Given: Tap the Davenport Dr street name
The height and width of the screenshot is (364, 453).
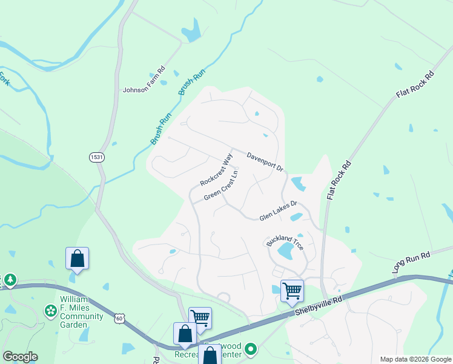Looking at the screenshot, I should coord(265,162).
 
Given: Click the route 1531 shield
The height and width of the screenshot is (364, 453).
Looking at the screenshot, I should coord(96,157).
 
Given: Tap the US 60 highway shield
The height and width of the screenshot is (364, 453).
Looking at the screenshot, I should coord(120,318).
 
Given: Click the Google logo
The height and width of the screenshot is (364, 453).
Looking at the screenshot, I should coord(20,357).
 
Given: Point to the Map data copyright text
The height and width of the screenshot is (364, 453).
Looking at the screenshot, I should coord(415,359).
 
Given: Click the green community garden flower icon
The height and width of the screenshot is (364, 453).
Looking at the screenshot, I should coord(50,311).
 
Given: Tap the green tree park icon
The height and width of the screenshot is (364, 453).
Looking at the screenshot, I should coord(10,280).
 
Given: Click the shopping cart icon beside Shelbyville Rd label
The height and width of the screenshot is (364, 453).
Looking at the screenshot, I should coord(292,290).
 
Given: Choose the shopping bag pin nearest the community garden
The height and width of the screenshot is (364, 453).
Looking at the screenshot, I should coord(78,258).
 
